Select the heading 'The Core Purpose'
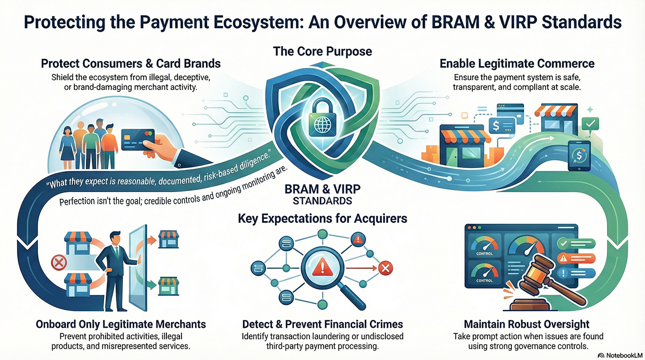pyautogui.click(x=322, y=52)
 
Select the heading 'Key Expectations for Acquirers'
pyautogui.click(x=322, y=218)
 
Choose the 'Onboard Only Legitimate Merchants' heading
pyautogui.click(x=121, y=324)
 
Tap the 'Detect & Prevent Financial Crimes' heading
pyautogui.click(x=322, y=324)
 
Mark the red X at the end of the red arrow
pyautogui.click(x=385, y=268)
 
